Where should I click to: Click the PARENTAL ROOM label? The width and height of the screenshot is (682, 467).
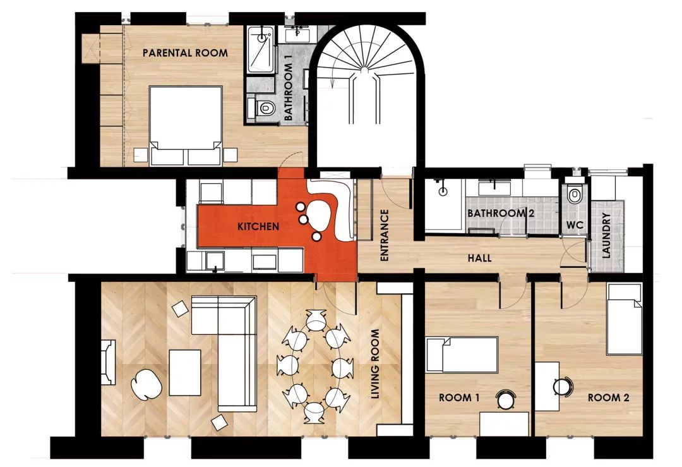185,53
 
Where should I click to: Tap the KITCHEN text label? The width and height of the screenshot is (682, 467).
258,226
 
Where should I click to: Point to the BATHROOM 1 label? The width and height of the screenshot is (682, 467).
289,91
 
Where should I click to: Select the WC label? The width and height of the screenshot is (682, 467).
575,226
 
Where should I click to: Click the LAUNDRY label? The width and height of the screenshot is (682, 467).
606,236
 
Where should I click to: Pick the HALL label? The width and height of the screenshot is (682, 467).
480,258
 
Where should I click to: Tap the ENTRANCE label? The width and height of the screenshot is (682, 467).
384,235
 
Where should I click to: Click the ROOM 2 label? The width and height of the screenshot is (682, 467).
609,397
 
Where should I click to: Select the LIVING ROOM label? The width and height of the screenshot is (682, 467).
375,363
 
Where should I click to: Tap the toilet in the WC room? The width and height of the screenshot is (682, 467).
574,194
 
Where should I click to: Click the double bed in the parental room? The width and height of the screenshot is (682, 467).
186,125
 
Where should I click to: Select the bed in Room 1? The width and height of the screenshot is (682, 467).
462,355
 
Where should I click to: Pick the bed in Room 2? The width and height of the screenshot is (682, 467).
625,319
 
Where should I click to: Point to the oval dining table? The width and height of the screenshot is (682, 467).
316,367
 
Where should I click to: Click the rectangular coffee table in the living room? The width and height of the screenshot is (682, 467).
185,373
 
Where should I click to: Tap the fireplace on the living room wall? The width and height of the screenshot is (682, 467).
109,362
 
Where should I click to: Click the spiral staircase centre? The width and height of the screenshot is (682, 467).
364,69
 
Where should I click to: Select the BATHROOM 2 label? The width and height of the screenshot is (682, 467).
501,213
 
